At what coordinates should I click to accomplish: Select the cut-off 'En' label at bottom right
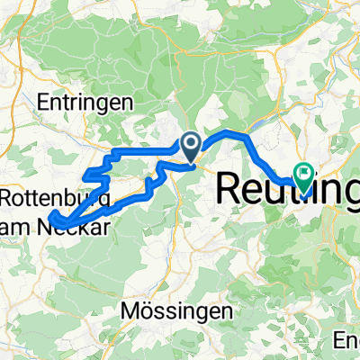pyautogui.click(x=346, y=340)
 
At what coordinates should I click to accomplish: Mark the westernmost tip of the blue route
pyautogui.click(x=49, y=216)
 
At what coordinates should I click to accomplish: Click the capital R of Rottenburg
pyautogui.click(x=9, y=196)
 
